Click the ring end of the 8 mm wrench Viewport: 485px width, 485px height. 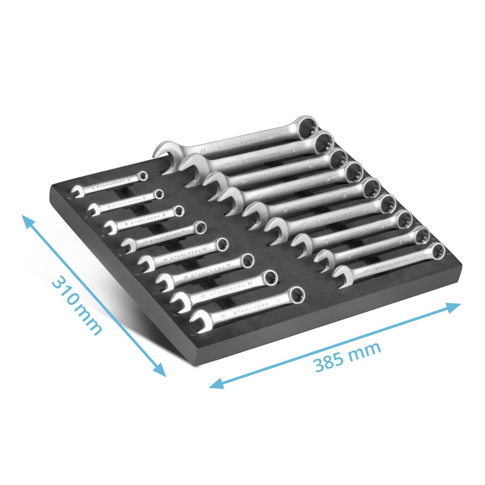178,211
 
